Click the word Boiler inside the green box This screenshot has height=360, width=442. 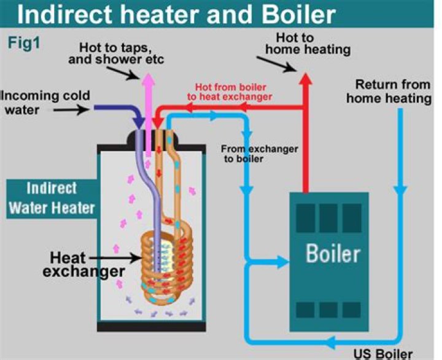click(334, 252)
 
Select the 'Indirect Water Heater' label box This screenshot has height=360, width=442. click(52, 198)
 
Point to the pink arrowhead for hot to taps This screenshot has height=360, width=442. click(149, 82)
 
